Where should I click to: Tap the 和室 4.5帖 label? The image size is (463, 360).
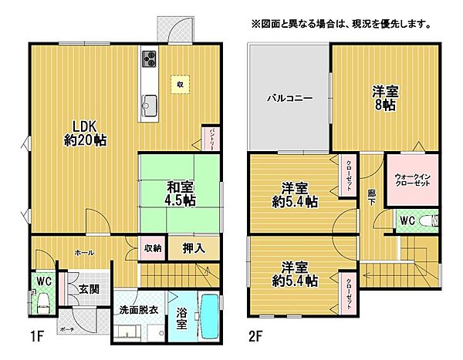point(181,193)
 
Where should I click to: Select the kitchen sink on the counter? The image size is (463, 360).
point(149,103)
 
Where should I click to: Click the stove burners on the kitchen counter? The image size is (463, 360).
point(149,59)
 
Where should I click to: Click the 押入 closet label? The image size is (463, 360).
point(194,248)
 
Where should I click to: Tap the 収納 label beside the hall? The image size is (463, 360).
point(152,248)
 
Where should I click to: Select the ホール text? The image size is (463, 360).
point(84,252)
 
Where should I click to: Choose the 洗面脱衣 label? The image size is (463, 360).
point(138,309)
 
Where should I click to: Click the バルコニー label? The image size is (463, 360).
point(289,99)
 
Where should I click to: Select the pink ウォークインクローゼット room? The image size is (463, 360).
point(411,180)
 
